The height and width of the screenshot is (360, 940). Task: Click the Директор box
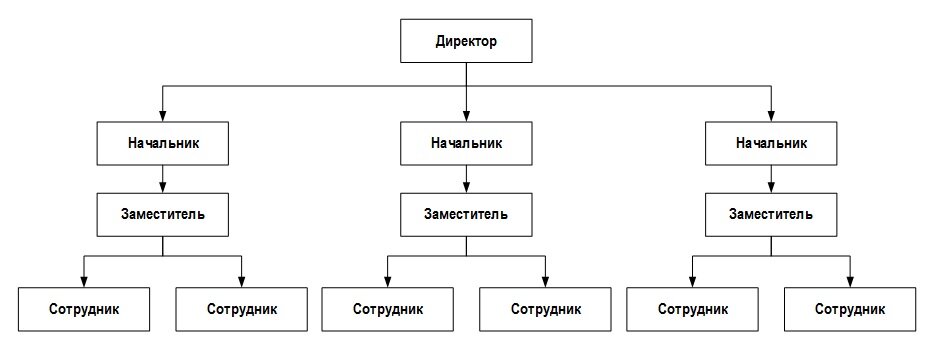tap(467, 43)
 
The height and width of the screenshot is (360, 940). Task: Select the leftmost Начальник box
tap(163, 143)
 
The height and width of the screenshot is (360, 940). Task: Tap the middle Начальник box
tap(467, 143)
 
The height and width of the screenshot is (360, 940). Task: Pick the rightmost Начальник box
tap(771, 143)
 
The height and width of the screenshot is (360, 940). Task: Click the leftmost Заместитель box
tap(163, 213)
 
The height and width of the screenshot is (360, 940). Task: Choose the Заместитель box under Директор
tap(467, 213)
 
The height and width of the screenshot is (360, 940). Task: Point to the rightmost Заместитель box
tap(771, 213)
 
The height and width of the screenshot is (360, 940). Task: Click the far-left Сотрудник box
tap(84, 309)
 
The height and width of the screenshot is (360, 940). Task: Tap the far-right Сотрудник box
tap(850, 309)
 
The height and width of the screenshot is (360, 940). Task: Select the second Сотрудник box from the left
tap(242, 309)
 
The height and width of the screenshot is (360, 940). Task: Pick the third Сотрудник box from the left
tap(388, 309)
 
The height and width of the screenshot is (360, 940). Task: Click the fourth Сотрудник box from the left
tap(546, 309)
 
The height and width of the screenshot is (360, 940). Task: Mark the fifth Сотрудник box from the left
tap(692, 309)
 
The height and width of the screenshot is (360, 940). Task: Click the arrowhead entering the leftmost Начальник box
tap(163, 116)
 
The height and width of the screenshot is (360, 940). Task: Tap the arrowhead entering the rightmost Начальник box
tap(771, 116)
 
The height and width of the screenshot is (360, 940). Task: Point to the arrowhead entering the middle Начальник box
tap(467, 116)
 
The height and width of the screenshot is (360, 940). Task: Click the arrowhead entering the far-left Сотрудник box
tap(84, 281)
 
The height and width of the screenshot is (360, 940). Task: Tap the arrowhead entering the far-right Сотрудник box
tap(850, 281)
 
